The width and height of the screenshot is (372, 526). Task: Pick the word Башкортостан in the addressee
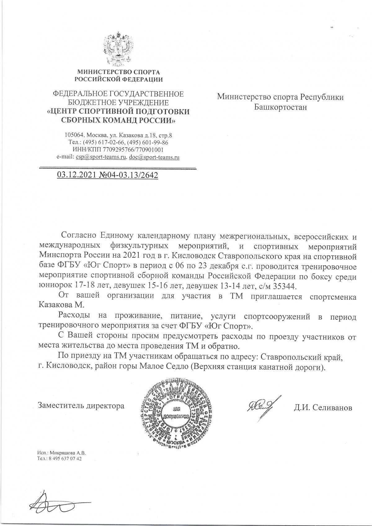click(281, 107)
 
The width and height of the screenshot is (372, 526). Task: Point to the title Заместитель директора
click(81, 405)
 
